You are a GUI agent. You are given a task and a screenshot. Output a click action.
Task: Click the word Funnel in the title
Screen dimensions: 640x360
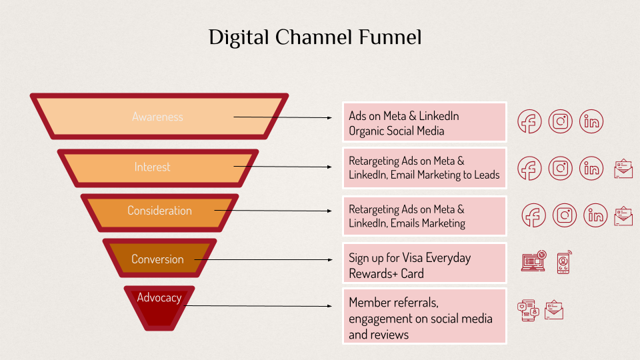(390, 37)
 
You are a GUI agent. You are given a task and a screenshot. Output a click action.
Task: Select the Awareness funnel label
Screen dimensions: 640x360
(157, 117)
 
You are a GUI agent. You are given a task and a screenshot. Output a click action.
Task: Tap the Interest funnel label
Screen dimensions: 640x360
(152, 167)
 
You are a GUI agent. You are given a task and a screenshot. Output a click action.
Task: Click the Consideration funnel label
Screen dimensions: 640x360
(159, 211)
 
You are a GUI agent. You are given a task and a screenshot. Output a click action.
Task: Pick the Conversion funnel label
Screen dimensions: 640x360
(157, 259)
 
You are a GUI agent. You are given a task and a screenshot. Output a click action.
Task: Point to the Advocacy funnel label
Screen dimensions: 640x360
(159, 297)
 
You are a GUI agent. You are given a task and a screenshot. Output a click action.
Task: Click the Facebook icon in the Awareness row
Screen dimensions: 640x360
(529, 121)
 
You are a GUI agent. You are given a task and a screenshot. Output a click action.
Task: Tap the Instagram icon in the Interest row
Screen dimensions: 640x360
(561, 168)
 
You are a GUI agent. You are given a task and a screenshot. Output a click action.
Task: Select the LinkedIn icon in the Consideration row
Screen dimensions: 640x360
(595, 215)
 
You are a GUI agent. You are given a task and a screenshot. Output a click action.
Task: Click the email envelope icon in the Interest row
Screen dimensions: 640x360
(623, 169)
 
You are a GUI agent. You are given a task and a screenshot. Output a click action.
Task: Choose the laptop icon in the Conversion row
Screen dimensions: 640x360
(534, 261)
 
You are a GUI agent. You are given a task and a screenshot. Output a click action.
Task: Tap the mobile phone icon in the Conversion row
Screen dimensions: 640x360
(564, 262)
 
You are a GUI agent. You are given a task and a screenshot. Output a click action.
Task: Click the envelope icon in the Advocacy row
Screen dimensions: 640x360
(554, 310)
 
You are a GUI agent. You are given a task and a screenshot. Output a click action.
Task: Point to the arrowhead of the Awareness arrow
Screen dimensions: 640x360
(329, 118)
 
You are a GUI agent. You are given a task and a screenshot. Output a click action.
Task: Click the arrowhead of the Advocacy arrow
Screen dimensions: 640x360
(329, 306)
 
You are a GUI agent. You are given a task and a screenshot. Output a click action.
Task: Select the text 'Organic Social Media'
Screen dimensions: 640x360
(396, 131)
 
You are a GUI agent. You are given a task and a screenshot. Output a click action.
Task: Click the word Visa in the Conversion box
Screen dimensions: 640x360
(412, 257)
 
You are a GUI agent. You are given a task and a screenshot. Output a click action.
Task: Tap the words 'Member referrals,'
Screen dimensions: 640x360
(393, 303)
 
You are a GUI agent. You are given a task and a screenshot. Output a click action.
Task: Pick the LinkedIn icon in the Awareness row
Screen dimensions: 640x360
(591, 121)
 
